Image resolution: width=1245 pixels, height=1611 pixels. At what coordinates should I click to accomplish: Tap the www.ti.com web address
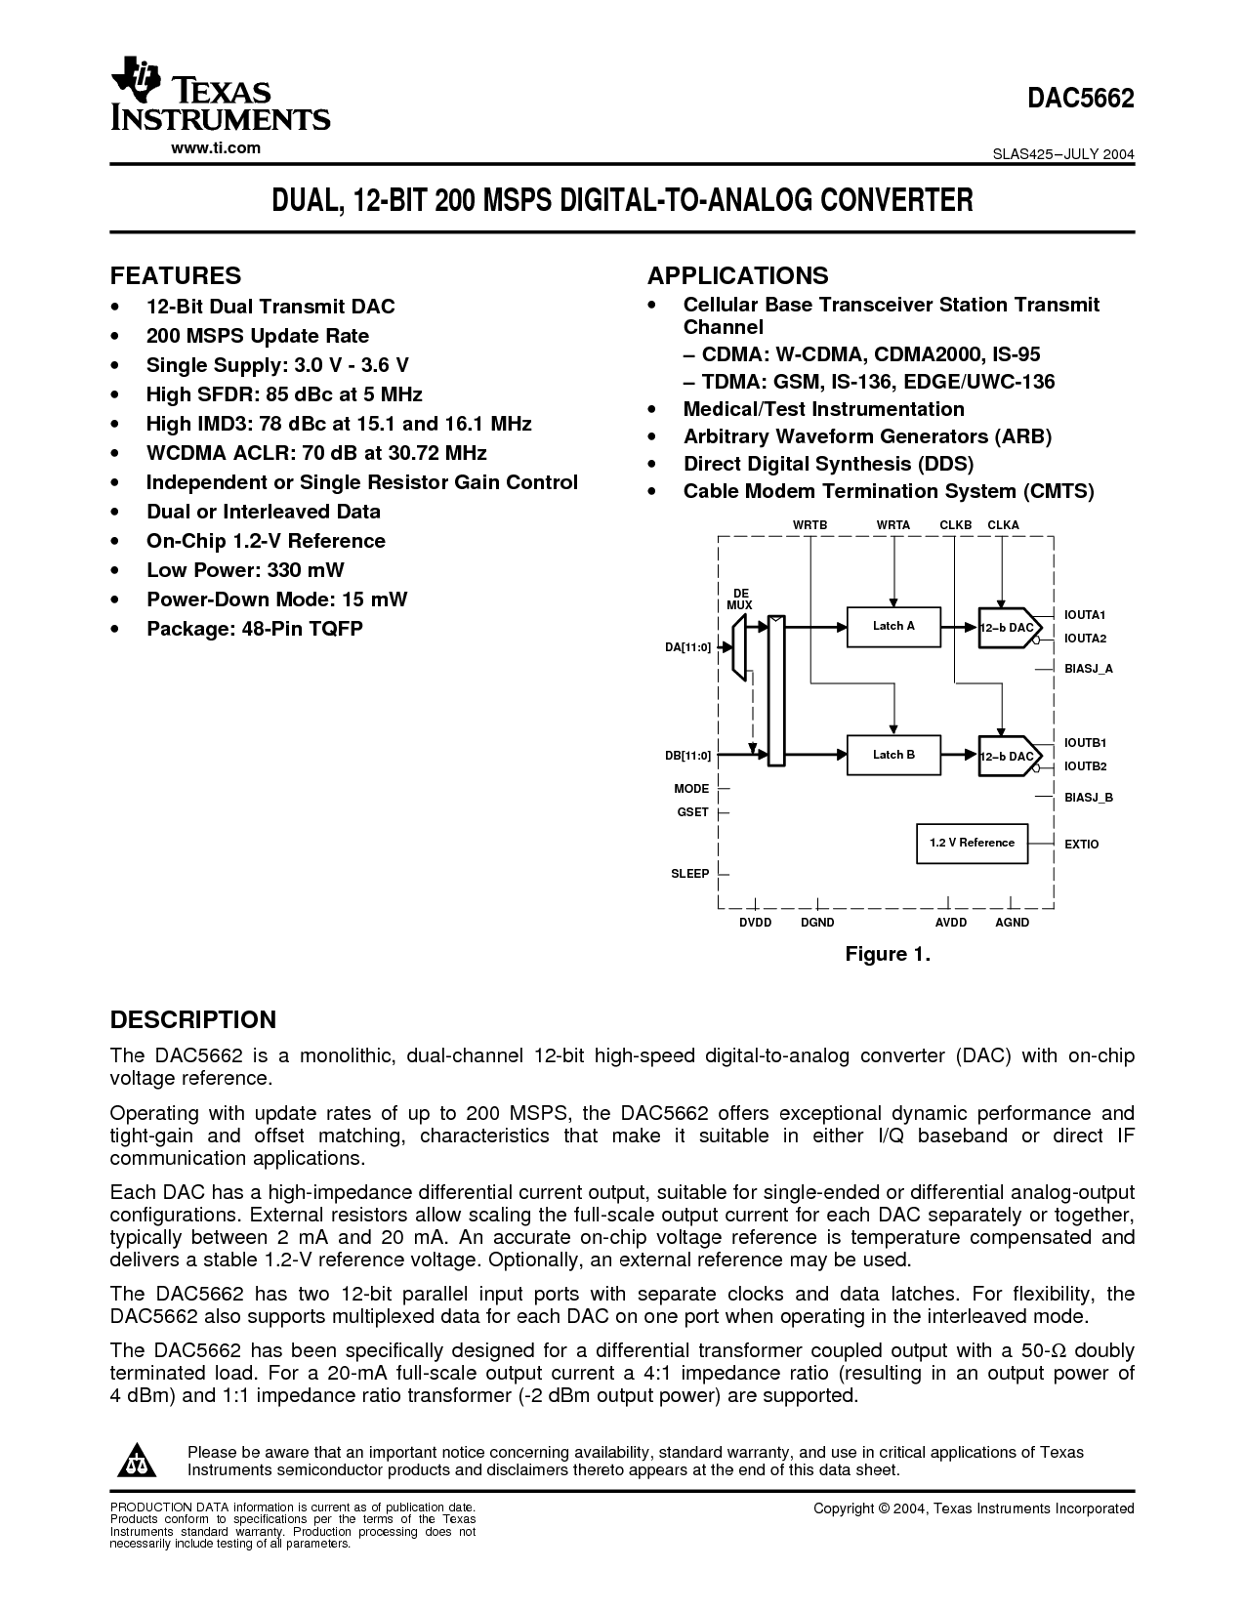[216, 147]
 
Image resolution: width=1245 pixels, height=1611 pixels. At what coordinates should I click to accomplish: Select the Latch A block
[893, 626]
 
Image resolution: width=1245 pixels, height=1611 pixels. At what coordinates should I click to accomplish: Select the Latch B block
[893, 755]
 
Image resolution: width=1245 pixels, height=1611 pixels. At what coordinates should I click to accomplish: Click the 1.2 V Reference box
[972, 843]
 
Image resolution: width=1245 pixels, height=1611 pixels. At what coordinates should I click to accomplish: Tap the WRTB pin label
[809, 525]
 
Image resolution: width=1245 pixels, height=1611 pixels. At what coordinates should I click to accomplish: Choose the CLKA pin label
[1003, 525]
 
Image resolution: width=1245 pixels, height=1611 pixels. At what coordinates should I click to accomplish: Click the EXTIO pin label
[1081, 844]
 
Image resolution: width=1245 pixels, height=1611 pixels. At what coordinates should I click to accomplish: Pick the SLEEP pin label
[689, 873]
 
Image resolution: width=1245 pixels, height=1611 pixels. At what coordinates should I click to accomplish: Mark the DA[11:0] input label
[687, 646]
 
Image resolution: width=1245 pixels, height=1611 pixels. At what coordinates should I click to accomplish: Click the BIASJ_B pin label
[1089, 798]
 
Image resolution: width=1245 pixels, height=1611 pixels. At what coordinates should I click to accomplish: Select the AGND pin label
[1012, 923]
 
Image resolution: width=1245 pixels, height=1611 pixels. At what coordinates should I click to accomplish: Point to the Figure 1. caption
[888, 954]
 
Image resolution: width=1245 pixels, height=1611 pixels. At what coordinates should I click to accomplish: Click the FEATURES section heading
[175, 275]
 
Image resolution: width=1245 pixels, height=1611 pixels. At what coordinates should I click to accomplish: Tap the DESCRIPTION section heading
[192, 1019]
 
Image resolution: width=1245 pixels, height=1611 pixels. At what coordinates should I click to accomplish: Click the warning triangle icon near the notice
[136, 1461]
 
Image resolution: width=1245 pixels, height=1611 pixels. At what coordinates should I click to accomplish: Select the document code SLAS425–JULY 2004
[1063, 154]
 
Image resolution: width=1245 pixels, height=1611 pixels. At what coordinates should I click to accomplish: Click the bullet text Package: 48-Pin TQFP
[254, 629]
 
